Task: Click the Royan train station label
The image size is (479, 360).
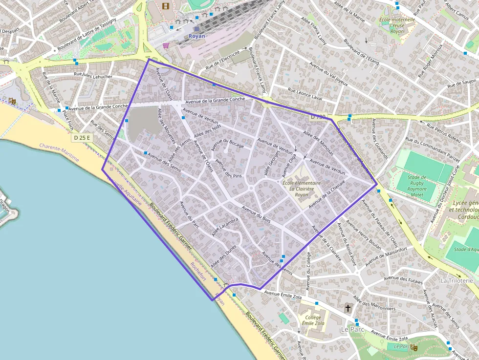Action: pos(197,36)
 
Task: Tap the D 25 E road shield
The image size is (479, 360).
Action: pos(82,138)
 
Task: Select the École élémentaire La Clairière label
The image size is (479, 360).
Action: pos(302,189)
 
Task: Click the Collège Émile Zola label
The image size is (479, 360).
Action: pos(313,319)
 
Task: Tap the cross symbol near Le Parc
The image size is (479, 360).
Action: pos(348,308)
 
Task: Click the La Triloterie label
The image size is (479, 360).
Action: pos(457,281)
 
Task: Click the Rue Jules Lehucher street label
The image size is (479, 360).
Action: pos(93,76)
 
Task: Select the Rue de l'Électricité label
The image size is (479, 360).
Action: pos(222,60)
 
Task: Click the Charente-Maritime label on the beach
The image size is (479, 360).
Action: pos(59,147)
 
